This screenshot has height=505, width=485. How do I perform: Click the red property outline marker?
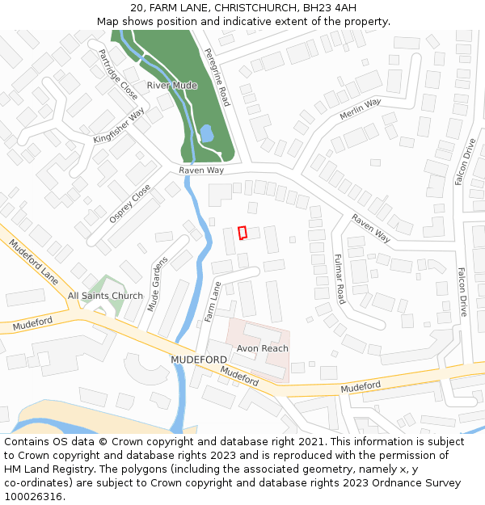(242, 233)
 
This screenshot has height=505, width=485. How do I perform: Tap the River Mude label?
(172, 85)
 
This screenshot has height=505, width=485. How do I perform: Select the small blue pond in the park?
(206, 133)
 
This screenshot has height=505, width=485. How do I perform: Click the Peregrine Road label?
(217, 78)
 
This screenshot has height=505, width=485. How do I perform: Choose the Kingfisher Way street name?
(118, 125)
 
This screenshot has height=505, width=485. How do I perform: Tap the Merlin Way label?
(360, 109)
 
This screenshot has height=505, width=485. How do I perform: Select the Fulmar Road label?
(339, 278)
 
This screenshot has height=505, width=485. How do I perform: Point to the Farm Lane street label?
(213, 301)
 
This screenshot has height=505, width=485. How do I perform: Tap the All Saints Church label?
(105, 296)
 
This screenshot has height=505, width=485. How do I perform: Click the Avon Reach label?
(262, 348)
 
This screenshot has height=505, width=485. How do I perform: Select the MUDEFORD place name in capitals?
(199, 359)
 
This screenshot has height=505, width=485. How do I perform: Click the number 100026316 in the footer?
(33, 496)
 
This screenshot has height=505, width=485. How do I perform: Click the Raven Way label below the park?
(201, 170)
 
